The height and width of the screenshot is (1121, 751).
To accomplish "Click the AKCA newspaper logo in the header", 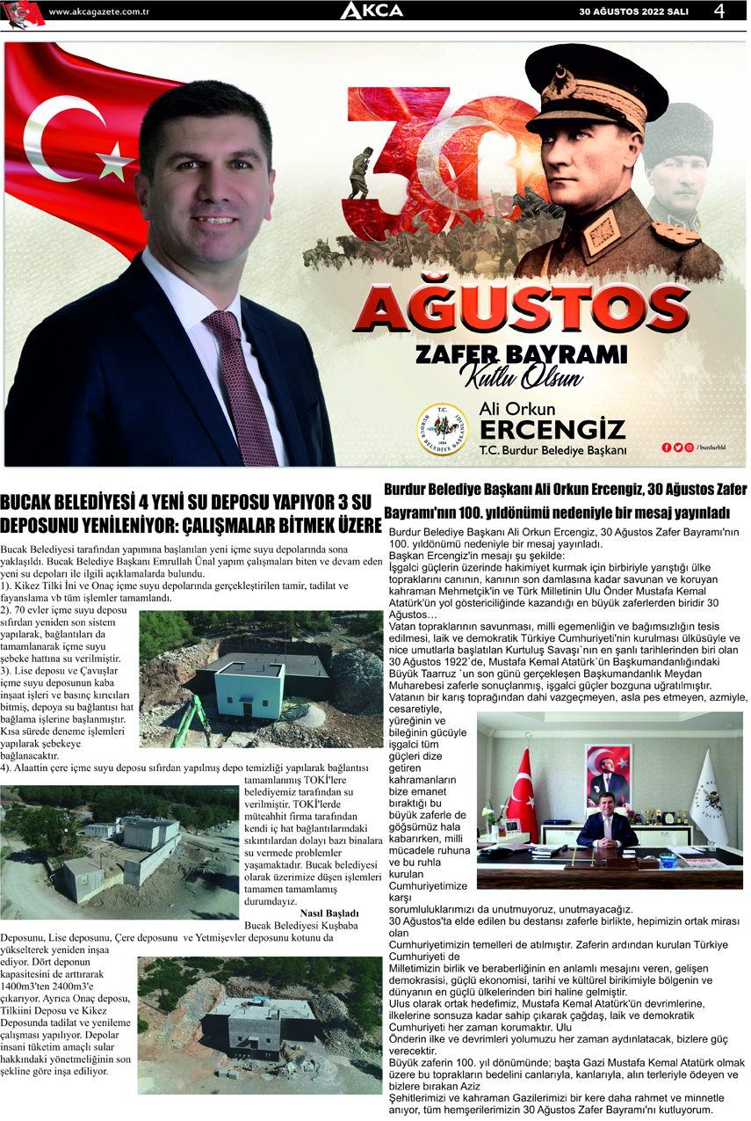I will [372, 11].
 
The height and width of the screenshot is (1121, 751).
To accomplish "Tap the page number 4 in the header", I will [719, 11].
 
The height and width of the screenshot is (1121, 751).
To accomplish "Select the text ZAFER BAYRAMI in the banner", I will [521, 353].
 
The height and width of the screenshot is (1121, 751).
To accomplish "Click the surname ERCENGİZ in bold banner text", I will [552, 429].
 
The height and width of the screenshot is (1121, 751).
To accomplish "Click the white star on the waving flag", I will [112, 162].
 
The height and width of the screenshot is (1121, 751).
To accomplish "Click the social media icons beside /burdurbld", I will [677, 448].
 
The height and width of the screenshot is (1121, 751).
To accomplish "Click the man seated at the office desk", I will [607, 831].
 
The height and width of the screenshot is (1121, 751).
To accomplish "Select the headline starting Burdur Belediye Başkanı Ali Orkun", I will [565, 499].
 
